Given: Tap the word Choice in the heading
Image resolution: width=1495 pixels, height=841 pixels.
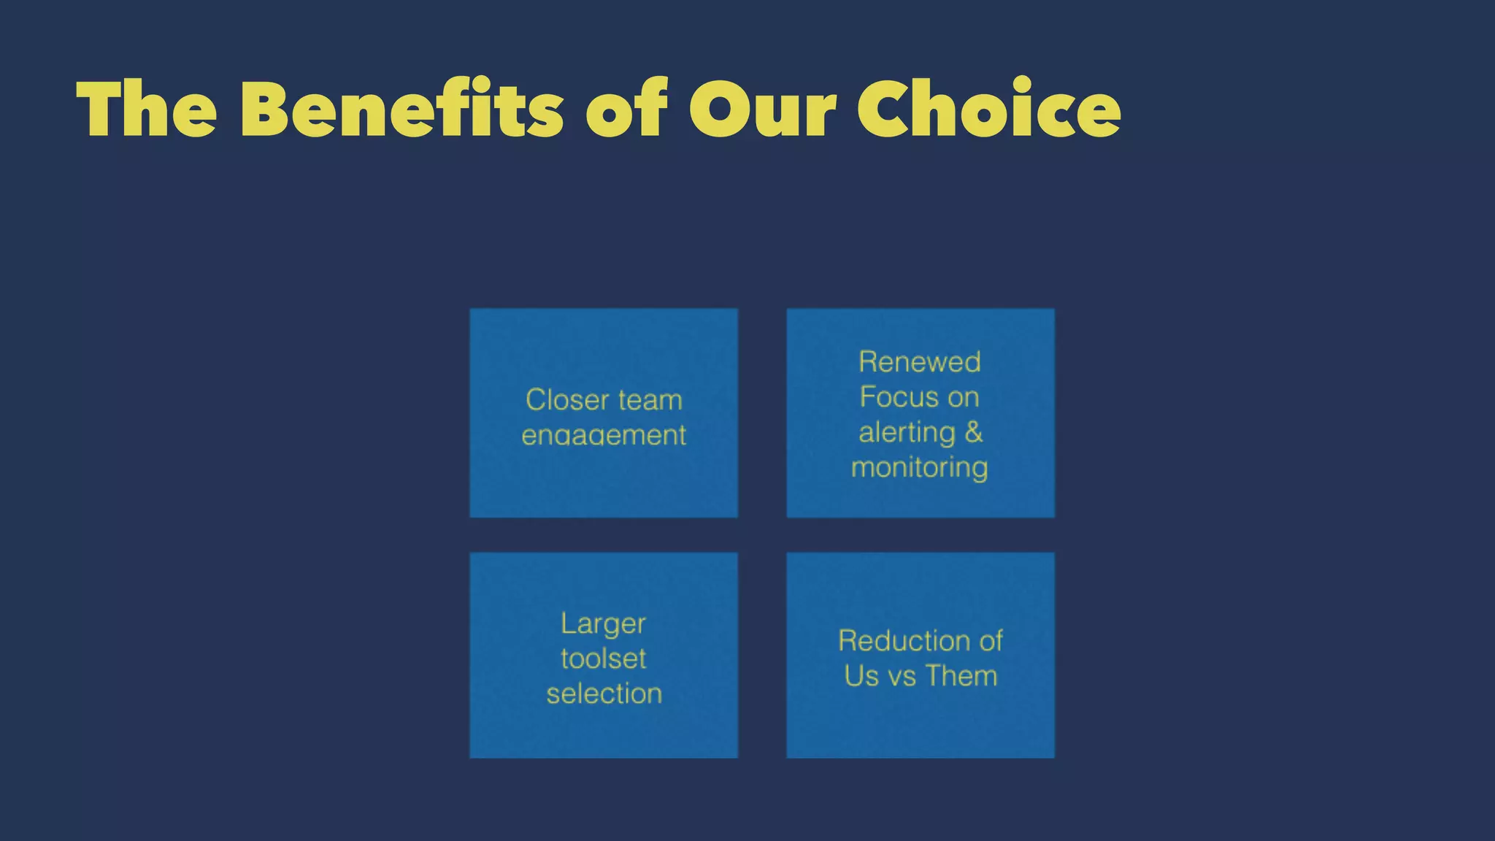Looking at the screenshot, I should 988,109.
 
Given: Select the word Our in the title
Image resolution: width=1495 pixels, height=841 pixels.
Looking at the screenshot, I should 762,109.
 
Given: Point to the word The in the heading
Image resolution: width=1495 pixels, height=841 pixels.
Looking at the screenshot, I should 147,109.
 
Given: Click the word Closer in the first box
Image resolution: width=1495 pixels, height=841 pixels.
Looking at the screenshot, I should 567,400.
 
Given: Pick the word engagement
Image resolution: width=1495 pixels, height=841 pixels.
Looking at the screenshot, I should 604,435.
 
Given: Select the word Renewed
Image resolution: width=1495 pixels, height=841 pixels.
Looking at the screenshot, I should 920,362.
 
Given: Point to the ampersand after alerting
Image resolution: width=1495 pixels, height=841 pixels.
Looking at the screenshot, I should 974,432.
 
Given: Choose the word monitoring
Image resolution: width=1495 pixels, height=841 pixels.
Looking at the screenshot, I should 920,467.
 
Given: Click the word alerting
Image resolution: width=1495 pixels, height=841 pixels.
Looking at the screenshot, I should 907,432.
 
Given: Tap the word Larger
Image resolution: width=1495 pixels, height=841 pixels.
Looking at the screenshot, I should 604,624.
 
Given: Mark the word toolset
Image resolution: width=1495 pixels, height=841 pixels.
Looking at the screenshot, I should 604,658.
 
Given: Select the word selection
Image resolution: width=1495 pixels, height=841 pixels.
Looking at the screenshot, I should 604,694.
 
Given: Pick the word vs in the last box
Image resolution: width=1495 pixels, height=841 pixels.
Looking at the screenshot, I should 902,676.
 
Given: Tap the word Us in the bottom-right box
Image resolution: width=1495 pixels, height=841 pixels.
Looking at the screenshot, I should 861,676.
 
